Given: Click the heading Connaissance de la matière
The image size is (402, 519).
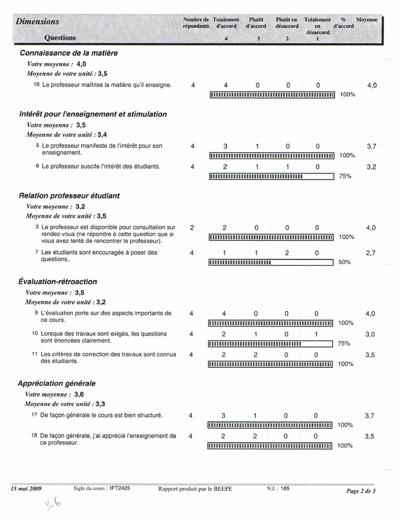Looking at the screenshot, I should [69, 53].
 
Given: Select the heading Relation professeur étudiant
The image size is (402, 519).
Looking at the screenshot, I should [69, 195].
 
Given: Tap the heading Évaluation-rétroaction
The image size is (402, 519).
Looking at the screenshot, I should [57, 281].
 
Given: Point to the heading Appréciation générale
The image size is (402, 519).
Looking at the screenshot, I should [57, 383].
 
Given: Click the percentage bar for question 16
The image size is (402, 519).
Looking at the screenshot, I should [272, 95].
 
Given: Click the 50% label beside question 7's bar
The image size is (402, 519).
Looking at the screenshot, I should [345, 262].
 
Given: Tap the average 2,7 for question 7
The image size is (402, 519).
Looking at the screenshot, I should [371, 253].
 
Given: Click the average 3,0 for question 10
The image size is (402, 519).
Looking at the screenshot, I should [370, 334].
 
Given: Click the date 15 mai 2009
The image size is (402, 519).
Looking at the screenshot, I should [25, 488].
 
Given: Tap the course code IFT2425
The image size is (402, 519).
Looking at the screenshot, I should [120, 488].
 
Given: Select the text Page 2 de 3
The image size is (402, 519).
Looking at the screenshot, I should [360, 491].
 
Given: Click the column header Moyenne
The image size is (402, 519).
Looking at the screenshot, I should [366, 20].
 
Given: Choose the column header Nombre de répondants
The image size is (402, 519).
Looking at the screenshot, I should [196, 23].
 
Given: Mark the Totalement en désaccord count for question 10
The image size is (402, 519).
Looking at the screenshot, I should [316, 334].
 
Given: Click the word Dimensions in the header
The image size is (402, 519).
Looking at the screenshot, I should [38, 21].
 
